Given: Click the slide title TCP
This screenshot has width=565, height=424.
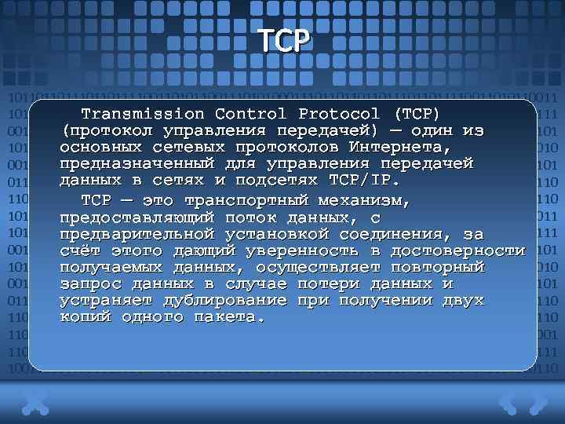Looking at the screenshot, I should click(283, 41).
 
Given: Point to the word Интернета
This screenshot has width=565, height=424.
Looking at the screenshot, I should click(399, 147).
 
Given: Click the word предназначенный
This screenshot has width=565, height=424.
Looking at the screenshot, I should click(137, 163).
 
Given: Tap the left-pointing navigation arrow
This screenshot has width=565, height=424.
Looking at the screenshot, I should click(508, 403).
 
